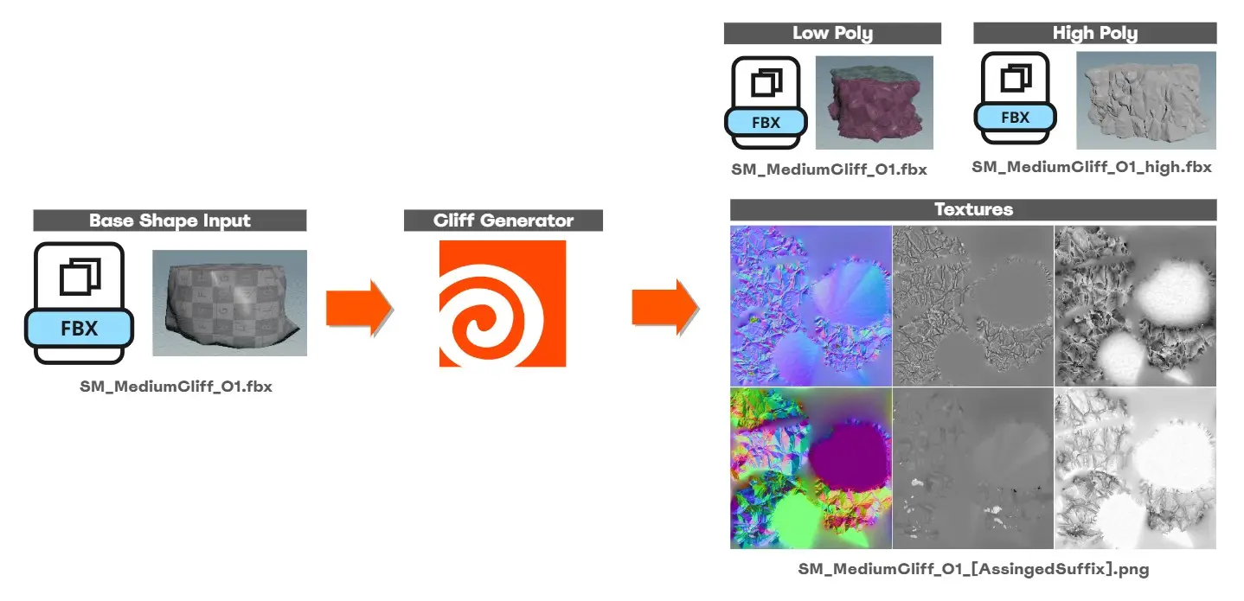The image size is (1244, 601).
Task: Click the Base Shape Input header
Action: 170,221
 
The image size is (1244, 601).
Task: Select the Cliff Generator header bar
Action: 503,221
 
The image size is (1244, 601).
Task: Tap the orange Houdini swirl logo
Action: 503,304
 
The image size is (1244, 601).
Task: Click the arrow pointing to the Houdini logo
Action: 359,308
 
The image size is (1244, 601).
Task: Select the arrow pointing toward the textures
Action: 664,308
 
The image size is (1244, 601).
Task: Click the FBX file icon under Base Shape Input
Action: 79,303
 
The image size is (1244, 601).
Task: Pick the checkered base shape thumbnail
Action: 230,303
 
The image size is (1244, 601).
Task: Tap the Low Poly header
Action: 832,34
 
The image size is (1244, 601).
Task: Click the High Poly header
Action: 1095,34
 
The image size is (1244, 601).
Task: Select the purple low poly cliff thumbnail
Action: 875,103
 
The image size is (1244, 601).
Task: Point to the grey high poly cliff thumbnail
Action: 1146,100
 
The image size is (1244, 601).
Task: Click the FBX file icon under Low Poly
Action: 766,103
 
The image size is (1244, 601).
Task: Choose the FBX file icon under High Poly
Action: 1016,99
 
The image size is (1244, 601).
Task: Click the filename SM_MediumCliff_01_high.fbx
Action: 1092,167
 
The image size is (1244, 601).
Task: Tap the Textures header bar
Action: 973,210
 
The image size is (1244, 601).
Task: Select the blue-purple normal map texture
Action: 811,306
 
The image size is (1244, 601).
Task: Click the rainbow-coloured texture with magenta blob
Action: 811,469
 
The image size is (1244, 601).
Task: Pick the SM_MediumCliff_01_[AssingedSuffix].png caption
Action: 973,569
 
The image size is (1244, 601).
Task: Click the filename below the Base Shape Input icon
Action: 176,387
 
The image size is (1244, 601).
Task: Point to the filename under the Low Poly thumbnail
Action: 829,169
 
